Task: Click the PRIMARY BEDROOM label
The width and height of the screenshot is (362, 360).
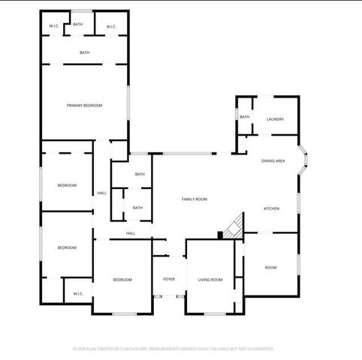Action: pos(84,105)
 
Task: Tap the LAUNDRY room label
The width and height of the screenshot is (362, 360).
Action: pos(274,119)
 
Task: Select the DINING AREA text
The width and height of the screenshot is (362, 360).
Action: pos(273,161)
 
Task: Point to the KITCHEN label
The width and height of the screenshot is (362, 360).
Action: pos(271,208)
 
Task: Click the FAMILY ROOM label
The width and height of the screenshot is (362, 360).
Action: pos(195,199)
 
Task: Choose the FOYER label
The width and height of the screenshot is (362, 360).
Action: pos(169,280)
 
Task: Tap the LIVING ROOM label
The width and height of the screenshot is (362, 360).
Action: pos(210,280)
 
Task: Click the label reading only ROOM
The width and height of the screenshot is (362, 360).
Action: pos(270,268)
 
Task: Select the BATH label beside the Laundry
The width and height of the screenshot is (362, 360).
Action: pos(244,117)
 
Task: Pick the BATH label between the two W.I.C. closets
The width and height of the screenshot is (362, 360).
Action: pos(77,25)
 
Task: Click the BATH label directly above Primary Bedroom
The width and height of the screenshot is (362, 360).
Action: pos(84,52)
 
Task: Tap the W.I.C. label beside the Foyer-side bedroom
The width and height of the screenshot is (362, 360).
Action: pos(77,293)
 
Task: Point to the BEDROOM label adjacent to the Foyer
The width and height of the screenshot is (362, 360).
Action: pos(122,280)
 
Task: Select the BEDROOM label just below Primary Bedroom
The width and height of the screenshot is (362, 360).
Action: pos(67,185)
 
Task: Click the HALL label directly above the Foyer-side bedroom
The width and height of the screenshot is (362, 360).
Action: pos(130,233)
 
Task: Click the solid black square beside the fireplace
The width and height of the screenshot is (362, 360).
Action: pos(219,235)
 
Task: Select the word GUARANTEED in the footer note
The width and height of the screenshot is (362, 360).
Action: pos(257,349)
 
